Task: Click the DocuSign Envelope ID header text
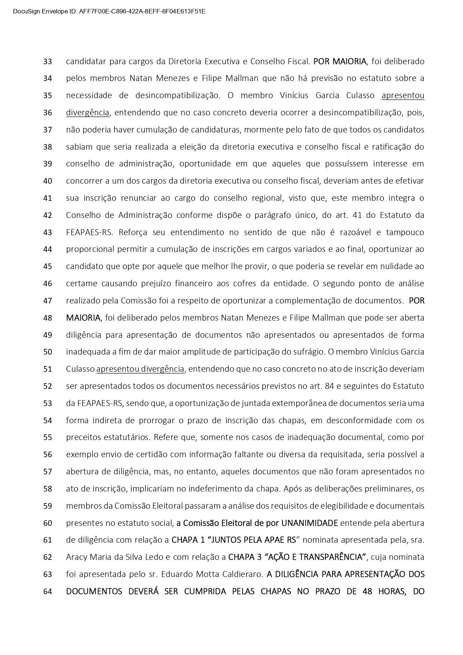point(109,12)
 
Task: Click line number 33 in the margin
point(47,62)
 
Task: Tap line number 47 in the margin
point(47,301)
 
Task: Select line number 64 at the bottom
point(47,592)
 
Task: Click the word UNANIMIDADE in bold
point(309,523)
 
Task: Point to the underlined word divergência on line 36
point(88,113)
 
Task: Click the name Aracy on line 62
point(76,557)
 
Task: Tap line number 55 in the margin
point(47,437)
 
